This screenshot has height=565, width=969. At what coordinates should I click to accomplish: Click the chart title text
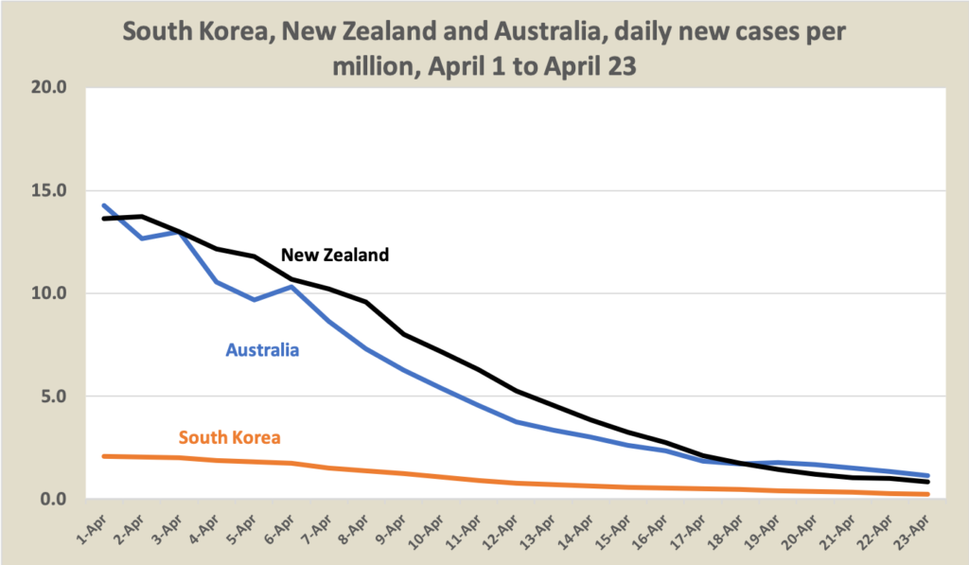[x=484, y=49]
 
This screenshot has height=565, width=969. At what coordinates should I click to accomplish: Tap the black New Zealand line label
[x=335, y=255]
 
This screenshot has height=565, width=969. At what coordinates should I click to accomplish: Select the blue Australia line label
[x=262, y=350]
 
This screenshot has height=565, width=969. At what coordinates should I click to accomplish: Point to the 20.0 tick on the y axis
[x=48, y=88]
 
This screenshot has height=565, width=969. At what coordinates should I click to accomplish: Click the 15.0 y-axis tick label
[x=48, y=190]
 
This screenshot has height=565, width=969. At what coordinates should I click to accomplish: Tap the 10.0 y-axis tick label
[x=48, y=293]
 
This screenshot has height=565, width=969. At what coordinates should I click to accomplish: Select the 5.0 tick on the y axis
[x=53, y=396]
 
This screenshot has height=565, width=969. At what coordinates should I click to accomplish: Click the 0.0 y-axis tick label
[x=53, y=499]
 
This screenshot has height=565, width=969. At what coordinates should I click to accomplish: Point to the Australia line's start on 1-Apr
[x=104, y=205]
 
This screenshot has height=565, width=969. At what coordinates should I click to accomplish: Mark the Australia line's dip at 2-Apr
[x=142, y=238]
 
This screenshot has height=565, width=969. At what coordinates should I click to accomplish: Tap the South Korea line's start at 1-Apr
[x=104, y=456]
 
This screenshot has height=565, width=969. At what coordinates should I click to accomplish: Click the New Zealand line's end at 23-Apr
[x=928, y=482]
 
